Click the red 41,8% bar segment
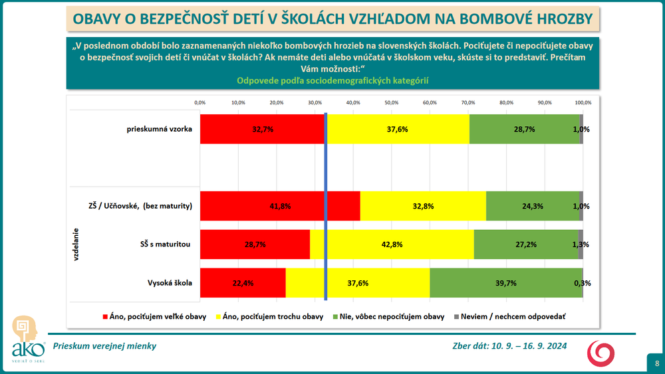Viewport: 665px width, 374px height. click(279, 206)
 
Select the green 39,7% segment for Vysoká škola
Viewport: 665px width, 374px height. click(506, 283)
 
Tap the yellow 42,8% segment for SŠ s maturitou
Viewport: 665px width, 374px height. click(392, 244)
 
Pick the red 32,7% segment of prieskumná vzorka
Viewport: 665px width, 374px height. click(262, 130)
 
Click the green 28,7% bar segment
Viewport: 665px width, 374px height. click(524, 130)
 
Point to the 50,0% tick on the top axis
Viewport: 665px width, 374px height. click(391, 103)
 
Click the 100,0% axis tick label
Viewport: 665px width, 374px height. click(583, 103)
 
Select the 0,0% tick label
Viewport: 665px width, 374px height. click(199, 103)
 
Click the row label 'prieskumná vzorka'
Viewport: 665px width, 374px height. click(159, 129)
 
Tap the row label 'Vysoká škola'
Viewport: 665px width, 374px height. click(170, 283)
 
